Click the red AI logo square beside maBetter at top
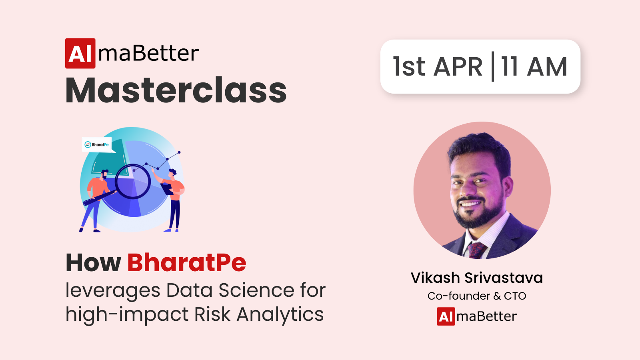tap(80, 54)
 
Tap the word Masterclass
tap(176, 90)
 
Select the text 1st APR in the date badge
tap(438, 66)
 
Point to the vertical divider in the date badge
tap(492, 66)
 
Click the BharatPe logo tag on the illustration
tap(97, 144)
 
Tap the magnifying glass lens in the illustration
tap(133, 182)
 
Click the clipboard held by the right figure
tap(167, 188)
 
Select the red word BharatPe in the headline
tap(187, 262)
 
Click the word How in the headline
tap(93, 262)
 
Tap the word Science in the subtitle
tap(257, 290)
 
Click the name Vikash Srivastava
tap(477, 278)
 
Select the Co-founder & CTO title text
tap(477, 296)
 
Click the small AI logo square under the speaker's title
tap(446, 316)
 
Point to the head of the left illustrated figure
tap(105, 174)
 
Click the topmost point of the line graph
tap(180, 152)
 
